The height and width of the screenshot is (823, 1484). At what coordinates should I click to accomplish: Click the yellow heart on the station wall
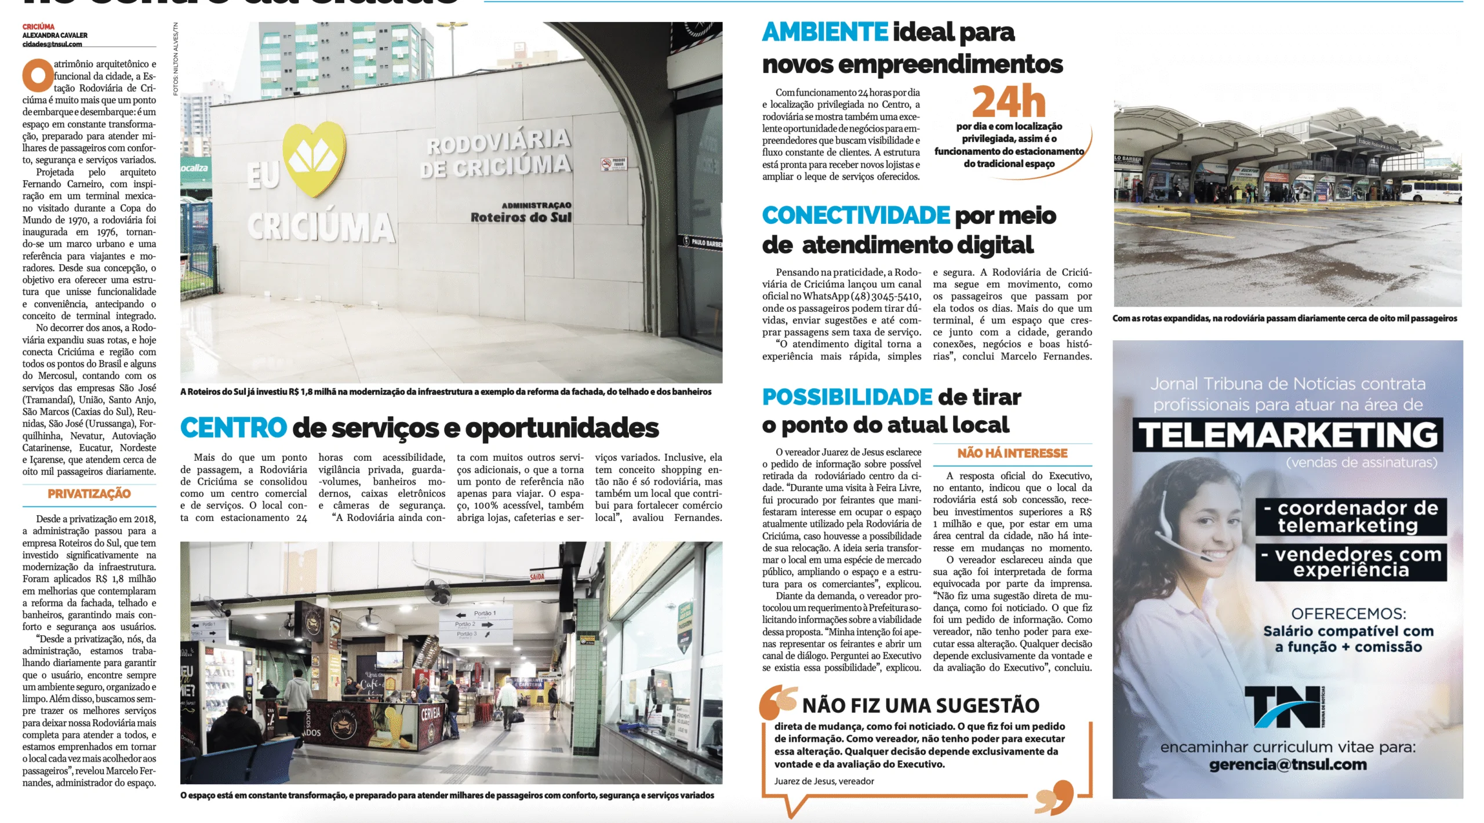[x=314, y=159]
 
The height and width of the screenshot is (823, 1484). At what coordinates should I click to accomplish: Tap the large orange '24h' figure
[x=1009, y=102]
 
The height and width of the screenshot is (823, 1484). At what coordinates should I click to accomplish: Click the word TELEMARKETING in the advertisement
[x=1287, y=435]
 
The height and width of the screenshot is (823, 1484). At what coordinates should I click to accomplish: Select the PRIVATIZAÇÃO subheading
[x=89, y=494]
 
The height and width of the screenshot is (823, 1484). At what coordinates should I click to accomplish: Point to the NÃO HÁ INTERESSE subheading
[x=1012, y=453]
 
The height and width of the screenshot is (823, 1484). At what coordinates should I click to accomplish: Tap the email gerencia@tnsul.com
[x=1287, y=764]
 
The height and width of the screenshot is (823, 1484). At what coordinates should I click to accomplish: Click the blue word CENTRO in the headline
[x=234, y=428]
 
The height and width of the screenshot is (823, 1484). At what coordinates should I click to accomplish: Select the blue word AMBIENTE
[x=825, y=32]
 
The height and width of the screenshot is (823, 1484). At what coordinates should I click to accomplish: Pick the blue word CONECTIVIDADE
[x=856, y=216]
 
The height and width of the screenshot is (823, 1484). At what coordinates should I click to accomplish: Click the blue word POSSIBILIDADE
[x=847, y=398]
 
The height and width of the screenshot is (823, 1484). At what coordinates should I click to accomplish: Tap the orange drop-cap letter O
[x=37, y=75]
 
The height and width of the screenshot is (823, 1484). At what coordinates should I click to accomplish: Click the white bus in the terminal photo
[x=1430, y=191]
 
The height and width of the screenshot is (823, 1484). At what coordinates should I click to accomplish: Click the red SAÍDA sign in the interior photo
[x=537, y=577]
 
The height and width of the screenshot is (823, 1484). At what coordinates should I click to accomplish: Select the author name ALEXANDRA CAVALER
[x=55, y=35]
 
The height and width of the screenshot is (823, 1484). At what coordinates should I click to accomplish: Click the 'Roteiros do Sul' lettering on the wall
[x=521, y=217]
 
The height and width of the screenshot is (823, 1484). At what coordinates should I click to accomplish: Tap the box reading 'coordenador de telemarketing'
[x=1350, y=516]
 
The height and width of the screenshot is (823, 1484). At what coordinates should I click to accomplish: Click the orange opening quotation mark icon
[x=779, y=702]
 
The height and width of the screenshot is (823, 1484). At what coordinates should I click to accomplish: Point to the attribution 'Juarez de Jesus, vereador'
[x=824, y=781]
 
